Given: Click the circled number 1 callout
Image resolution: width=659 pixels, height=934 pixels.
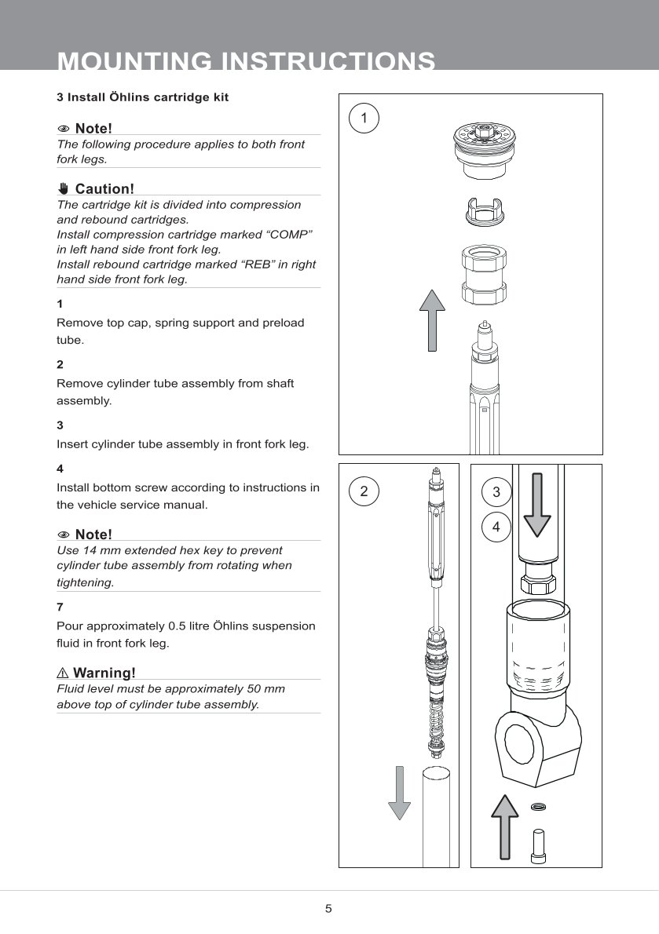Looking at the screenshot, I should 363,118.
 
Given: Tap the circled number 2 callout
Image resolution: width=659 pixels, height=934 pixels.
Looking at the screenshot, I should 363,492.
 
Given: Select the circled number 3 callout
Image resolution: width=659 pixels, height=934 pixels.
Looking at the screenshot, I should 496,492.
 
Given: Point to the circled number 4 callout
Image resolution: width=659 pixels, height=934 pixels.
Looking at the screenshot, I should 496,527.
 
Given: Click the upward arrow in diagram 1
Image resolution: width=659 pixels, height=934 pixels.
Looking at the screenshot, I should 432,319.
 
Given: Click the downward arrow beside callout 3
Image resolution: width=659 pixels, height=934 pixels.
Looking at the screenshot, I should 537,502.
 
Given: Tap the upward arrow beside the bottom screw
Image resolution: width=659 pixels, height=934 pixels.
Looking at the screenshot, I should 505,826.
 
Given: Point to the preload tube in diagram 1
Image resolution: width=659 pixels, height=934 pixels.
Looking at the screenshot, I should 485,275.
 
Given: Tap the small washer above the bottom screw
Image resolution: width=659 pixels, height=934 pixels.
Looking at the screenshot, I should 538,806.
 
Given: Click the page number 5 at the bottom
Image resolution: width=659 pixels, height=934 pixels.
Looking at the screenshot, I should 329,909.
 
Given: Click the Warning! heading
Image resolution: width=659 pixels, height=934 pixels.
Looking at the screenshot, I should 104,673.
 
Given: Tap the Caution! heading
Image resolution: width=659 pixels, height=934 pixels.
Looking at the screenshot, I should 104,188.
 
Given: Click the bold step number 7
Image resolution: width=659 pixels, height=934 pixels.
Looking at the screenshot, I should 60,607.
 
